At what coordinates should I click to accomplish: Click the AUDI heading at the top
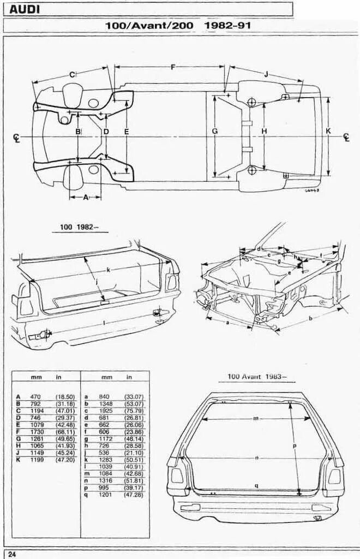tap(25, 9)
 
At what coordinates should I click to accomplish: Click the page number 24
tap(12, 554)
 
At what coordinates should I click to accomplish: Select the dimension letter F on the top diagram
tap(173, 67)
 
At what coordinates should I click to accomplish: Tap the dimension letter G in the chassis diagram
tap(214, 132)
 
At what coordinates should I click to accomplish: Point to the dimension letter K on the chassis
tap(328, 131)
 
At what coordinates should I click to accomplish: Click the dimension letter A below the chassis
tap(86, 198)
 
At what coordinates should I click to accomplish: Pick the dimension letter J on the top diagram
tap(266, 74)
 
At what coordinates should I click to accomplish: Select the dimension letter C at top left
tap(71, 74)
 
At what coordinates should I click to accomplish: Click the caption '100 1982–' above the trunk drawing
tap(76, 227)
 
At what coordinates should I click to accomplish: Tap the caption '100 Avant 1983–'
tap(256, 377)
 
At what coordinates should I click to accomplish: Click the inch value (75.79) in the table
tap(134, 410)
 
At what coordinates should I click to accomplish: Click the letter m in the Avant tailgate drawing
tap(255, 418)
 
